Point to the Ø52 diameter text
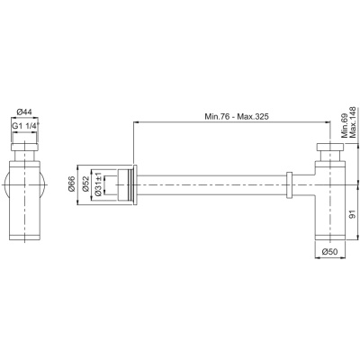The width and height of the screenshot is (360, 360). (x=88, y=185)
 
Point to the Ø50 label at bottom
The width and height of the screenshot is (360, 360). (x=331, y=251)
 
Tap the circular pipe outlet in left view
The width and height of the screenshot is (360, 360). (x=9, y=184)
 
